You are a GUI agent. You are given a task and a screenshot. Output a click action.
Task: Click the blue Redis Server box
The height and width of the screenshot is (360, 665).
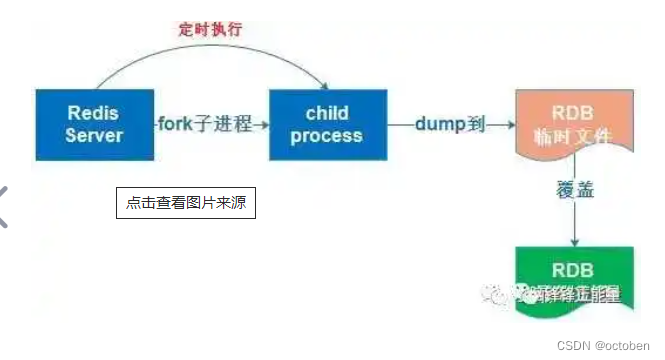95,124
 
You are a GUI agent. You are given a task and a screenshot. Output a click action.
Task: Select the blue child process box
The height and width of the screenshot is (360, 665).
327,124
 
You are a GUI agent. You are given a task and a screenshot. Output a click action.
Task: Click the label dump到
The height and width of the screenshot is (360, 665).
449,125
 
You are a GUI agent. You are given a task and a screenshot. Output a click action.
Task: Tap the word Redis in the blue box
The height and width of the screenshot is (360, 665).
94,113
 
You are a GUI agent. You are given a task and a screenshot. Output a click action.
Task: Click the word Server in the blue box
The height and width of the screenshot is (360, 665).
94,135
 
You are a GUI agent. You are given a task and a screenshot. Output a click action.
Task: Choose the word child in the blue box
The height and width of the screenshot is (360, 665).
327,113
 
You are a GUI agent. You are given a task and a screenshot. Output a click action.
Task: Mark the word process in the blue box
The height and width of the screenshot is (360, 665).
327,135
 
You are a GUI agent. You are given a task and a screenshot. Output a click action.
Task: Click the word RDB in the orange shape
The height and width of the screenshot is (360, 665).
573,112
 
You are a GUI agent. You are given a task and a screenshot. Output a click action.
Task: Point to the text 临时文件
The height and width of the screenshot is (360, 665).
573,135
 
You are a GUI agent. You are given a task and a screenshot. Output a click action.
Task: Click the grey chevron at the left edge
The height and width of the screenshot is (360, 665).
5,207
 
